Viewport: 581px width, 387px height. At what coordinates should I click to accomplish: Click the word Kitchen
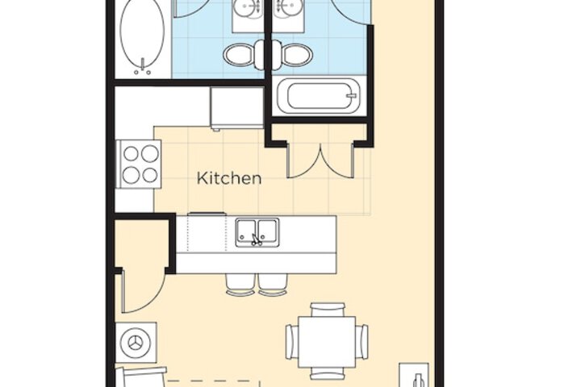pos(229,178)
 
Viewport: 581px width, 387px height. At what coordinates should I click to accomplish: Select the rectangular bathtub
pos(319,96)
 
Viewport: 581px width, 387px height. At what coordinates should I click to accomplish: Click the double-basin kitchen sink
pos(257,232)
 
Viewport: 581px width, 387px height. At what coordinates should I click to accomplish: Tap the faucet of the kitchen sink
pos(256,240)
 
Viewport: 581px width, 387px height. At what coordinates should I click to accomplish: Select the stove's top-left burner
pos(131,153)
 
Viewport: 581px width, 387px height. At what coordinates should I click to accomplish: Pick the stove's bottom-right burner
pos(150,175)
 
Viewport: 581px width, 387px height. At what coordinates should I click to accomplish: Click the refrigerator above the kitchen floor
pos(237,108)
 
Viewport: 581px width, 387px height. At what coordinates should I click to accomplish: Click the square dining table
pos(327,342)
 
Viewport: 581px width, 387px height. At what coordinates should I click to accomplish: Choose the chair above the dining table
pos(328,310)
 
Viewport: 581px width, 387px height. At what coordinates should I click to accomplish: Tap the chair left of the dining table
pos(292,342)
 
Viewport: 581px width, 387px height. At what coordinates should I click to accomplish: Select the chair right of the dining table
pos(362,342)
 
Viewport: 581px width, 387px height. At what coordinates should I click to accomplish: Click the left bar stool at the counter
pos(240,285)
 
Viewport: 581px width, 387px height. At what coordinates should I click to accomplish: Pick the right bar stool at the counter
pos(273,285)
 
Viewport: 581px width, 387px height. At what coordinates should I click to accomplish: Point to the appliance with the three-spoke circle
pos(136,343)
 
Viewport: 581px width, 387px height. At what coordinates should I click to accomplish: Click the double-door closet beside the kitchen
pos(321,160)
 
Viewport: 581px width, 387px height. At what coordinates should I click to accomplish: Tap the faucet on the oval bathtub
pos(142,67)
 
